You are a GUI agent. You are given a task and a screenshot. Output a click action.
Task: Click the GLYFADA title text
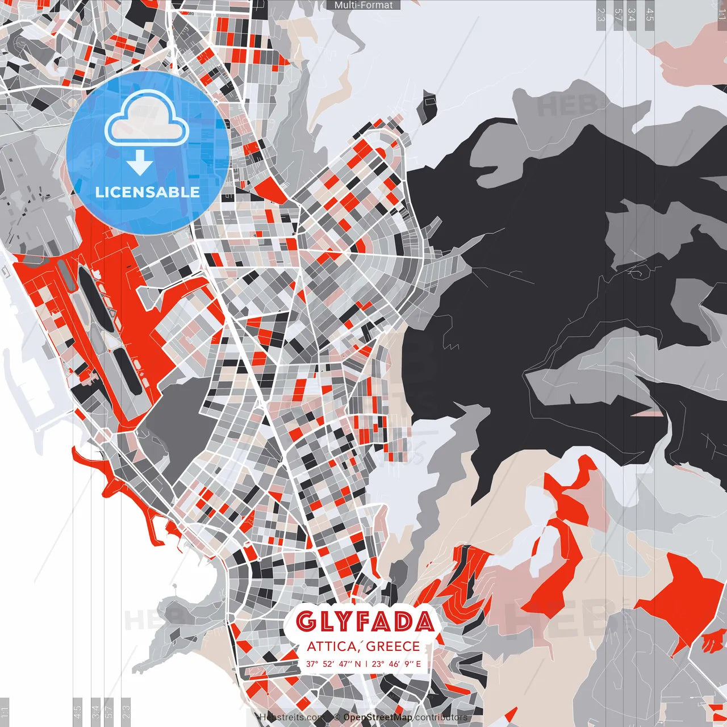[x=365, y=622]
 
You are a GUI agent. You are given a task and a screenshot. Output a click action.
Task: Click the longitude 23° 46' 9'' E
[x=396, y=663]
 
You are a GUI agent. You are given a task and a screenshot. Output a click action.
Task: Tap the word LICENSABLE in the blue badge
[x=148, y=192]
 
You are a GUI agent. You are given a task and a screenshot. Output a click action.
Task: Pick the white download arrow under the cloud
[x=140, y=164]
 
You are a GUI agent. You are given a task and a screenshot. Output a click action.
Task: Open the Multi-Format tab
[x=363, y=5]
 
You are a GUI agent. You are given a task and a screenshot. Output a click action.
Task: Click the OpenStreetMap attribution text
[x=378, y=717]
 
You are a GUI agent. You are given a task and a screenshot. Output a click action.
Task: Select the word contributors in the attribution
[x=441, y=717]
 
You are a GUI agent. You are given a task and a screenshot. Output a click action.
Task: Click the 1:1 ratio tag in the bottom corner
[x=5, y=712]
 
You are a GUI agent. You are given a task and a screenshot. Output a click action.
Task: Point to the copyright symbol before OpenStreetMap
[x=337, y=717]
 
